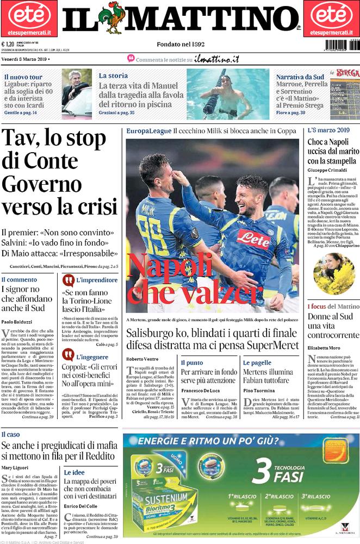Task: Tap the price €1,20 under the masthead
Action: click(8, 45)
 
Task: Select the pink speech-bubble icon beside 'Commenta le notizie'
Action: click(131, 58)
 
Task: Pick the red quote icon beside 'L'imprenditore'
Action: click(69, 280)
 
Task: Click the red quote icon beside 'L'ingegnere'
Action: click(69, 355)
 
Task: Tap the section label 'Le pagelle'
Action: click(257, 362)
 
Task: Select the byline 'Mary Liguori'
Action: click(15, 467)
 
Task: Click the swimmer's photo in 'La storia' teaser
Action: click(227, 93)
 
